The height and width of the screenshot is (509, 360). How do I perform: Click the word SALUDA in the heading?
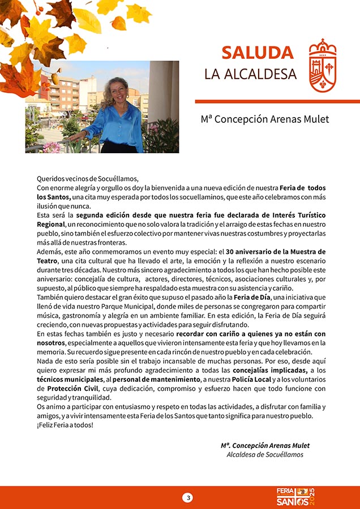(x=258, y=53)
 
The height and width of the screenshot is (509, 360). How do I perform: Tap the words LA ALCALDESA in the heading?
(x=250, y=75)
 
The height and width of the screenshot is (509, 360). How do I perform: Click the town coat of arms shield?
(x=323, y=66)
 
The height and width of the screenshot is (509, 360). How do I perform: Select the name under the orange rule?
(x=264, y=119)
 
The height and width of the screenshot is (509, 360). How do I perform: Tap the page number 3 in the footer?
(x=188, y=498)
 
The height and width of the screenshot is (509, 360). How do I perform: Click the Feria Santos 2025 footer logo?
(x=294, y=497)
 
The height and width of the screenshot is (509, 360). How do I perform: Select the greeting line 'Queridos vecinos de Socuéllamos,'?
(x=88, y=179)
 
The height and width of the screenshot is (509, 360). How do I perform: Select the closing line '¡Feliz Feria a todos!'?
(x=65, y=425)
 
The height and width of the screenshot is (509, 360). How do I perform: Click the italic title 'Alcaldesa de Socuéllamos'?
(x=265, y=455)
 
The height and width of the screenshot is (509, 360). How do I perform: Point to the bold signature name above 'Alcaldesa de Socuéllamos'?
(x=265, y=446)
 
